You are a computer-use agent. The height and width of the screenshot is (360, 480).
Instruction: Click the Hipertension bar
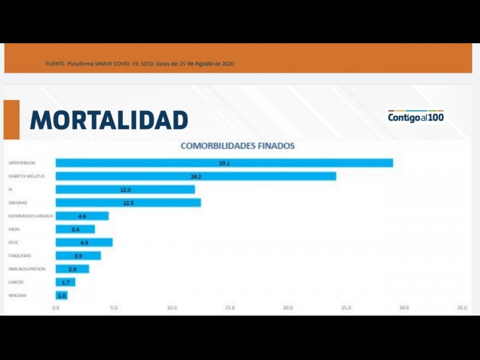[224, 163]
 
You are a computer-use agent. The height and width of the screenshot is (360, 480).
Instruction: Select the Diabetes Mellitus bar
[196, 176]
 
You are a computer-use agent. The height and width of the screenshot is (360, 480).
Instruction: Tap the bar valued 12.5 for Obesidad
[128, 203]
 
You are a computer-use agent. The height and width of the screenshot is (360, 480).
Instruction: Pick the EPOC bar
[84, 242]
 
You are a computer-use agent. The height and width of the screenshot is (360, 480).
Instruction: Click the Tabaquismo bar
[78, 256]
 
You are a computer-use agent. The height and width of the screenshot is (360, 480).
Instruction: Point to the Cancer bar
[65, 282]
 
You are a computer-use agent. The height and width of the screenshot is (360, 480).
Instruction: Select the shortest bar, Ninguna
[61, 295]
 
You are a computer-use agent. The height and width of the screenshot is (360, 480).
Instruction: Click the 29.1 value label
[224, 163]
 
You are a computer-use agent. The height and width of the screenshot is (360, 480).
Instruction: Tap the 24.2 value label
[196, 176]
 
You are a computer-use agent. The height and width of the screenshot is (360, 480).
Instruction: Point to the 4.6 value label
[82, 216]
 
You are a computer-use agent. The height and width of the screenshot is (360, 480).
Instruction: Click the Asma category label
[14, 229]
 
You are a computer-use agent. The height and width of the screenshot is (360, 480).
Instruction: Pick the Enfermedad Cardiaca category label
[31, 216]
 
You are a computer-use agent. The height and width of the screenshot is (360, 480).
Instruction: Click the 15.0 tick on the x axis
[230, 308]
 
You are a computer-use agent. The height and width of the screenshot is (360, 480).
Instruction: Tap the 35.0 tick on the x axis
[461, 308]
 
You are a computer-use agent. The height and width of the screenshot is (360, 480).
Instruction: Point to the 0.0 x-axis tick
[56, 308]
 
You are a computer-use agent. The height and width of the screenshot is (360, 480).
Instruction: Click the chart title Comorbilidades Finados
[238, 146]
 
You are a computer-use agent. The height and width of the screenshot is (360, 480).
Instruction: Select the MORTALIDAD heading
[109, 120]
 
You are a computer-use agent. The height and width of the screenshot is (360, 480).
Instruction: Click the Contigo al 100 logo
[416, 117]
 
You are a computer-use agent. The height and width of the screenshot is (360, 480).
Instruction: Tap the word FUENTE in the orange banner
[55, 64]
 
